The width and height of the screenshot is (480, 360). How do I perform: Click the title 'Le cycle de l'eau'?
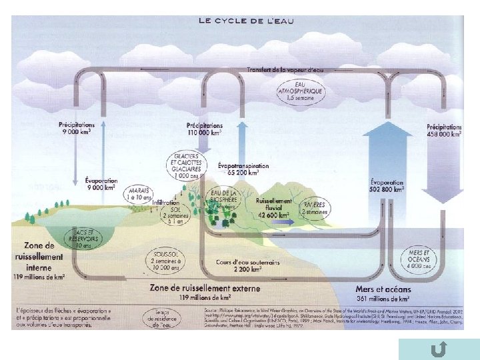[x=246, y=21]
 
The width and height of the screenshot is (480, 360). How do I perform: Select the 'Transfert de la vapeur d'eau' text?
[x=285, y=69]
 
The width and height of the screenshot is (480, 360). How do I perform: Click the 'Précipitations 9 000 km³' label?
[x=76, y=128]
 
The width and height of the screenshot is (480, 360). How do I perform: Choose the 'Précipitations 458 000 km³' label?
[x=444, y=131]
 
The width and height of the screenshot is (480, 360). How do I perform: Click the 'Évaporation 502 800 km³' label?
[x=387, y=185]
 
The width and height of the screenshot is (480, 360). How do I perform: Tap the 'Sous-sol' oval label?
[x=165, y=261]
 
